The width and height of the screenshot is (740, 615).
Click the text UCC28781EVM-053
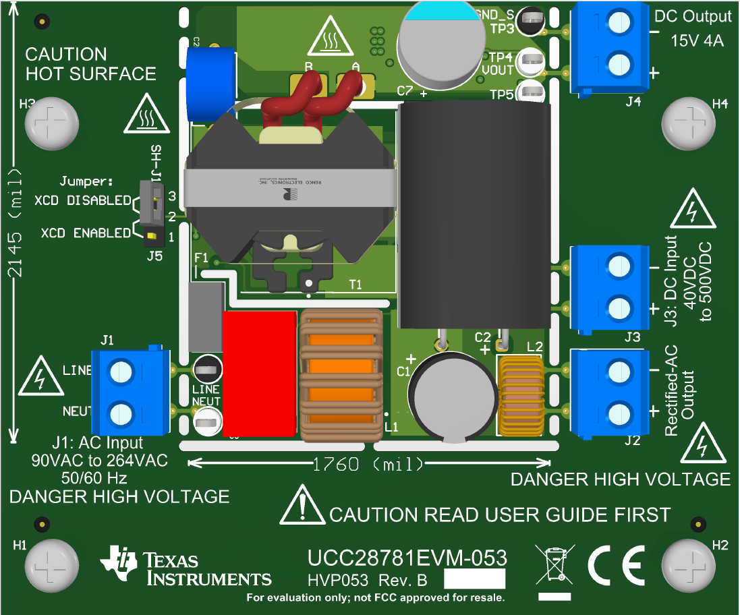click(407, 558)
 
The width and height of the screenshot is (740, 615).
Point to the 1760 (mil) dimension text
click(368, 464)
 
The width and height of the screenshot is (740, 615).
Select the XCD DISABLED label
click(82, 200)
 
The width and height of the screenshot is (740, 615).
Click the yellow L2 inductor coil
click(519, 397)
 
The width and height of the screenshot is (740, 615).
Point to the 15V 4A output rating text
click(697, 40)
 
